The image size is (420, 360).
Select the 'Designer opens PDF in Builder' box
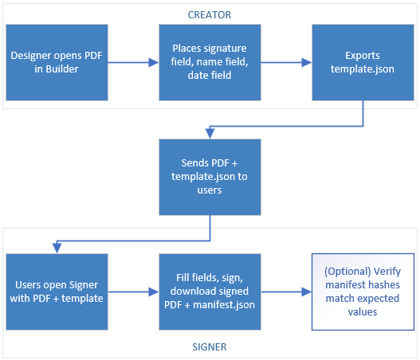coord(57,62)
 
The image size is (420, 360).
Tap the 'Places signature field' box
coord(210,62)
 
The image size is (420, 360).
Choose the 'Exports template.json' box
coord(363,62)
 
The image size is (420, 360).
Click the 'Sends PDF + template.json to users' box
coord(210,177)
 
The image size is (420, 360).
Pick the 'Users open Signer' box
coord(57,292)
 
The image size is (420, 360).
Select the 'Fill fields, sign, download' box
coord(210,292)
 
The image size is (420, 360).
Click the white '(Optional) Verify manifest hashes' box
coord(363,292)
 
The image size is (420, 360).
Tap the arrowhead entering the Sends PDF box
coord(210,134)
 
